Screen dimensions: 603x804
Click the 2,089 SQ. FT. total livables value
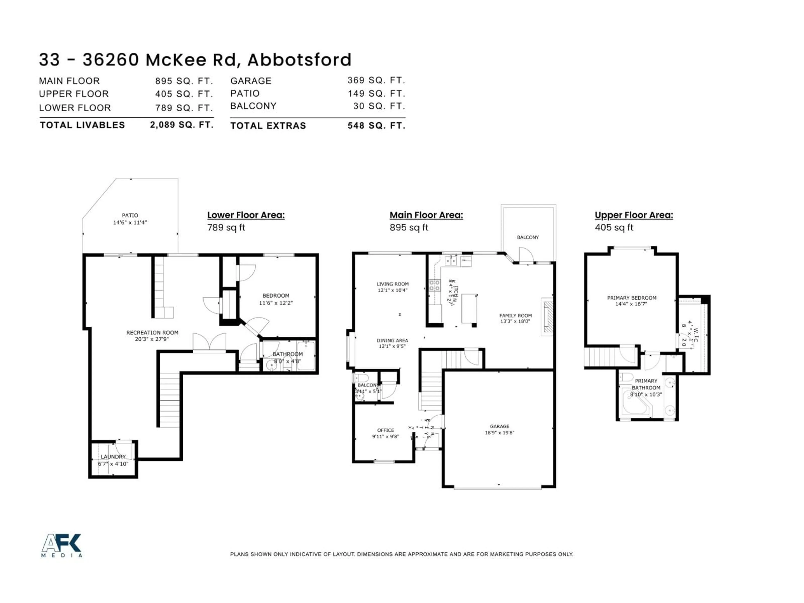click(181, 125)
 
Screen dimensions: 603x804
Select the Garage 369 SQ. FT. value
click(376, 80)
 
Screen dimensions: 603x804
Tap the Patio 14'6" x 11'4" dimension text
click(130, 222)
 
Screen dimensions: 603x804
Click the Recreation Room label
click(152, 332)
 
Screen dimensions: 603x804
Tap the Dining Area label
click(392, 341)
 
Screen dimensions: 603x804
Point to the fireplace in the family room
click(547, 317)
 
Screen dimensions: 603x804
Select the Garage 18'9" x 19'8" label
click(499, 429)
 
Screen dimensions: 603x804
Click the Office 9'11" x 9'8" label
click(385, 433)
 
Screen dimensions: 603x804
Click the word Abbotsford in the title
click(299, 60)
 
